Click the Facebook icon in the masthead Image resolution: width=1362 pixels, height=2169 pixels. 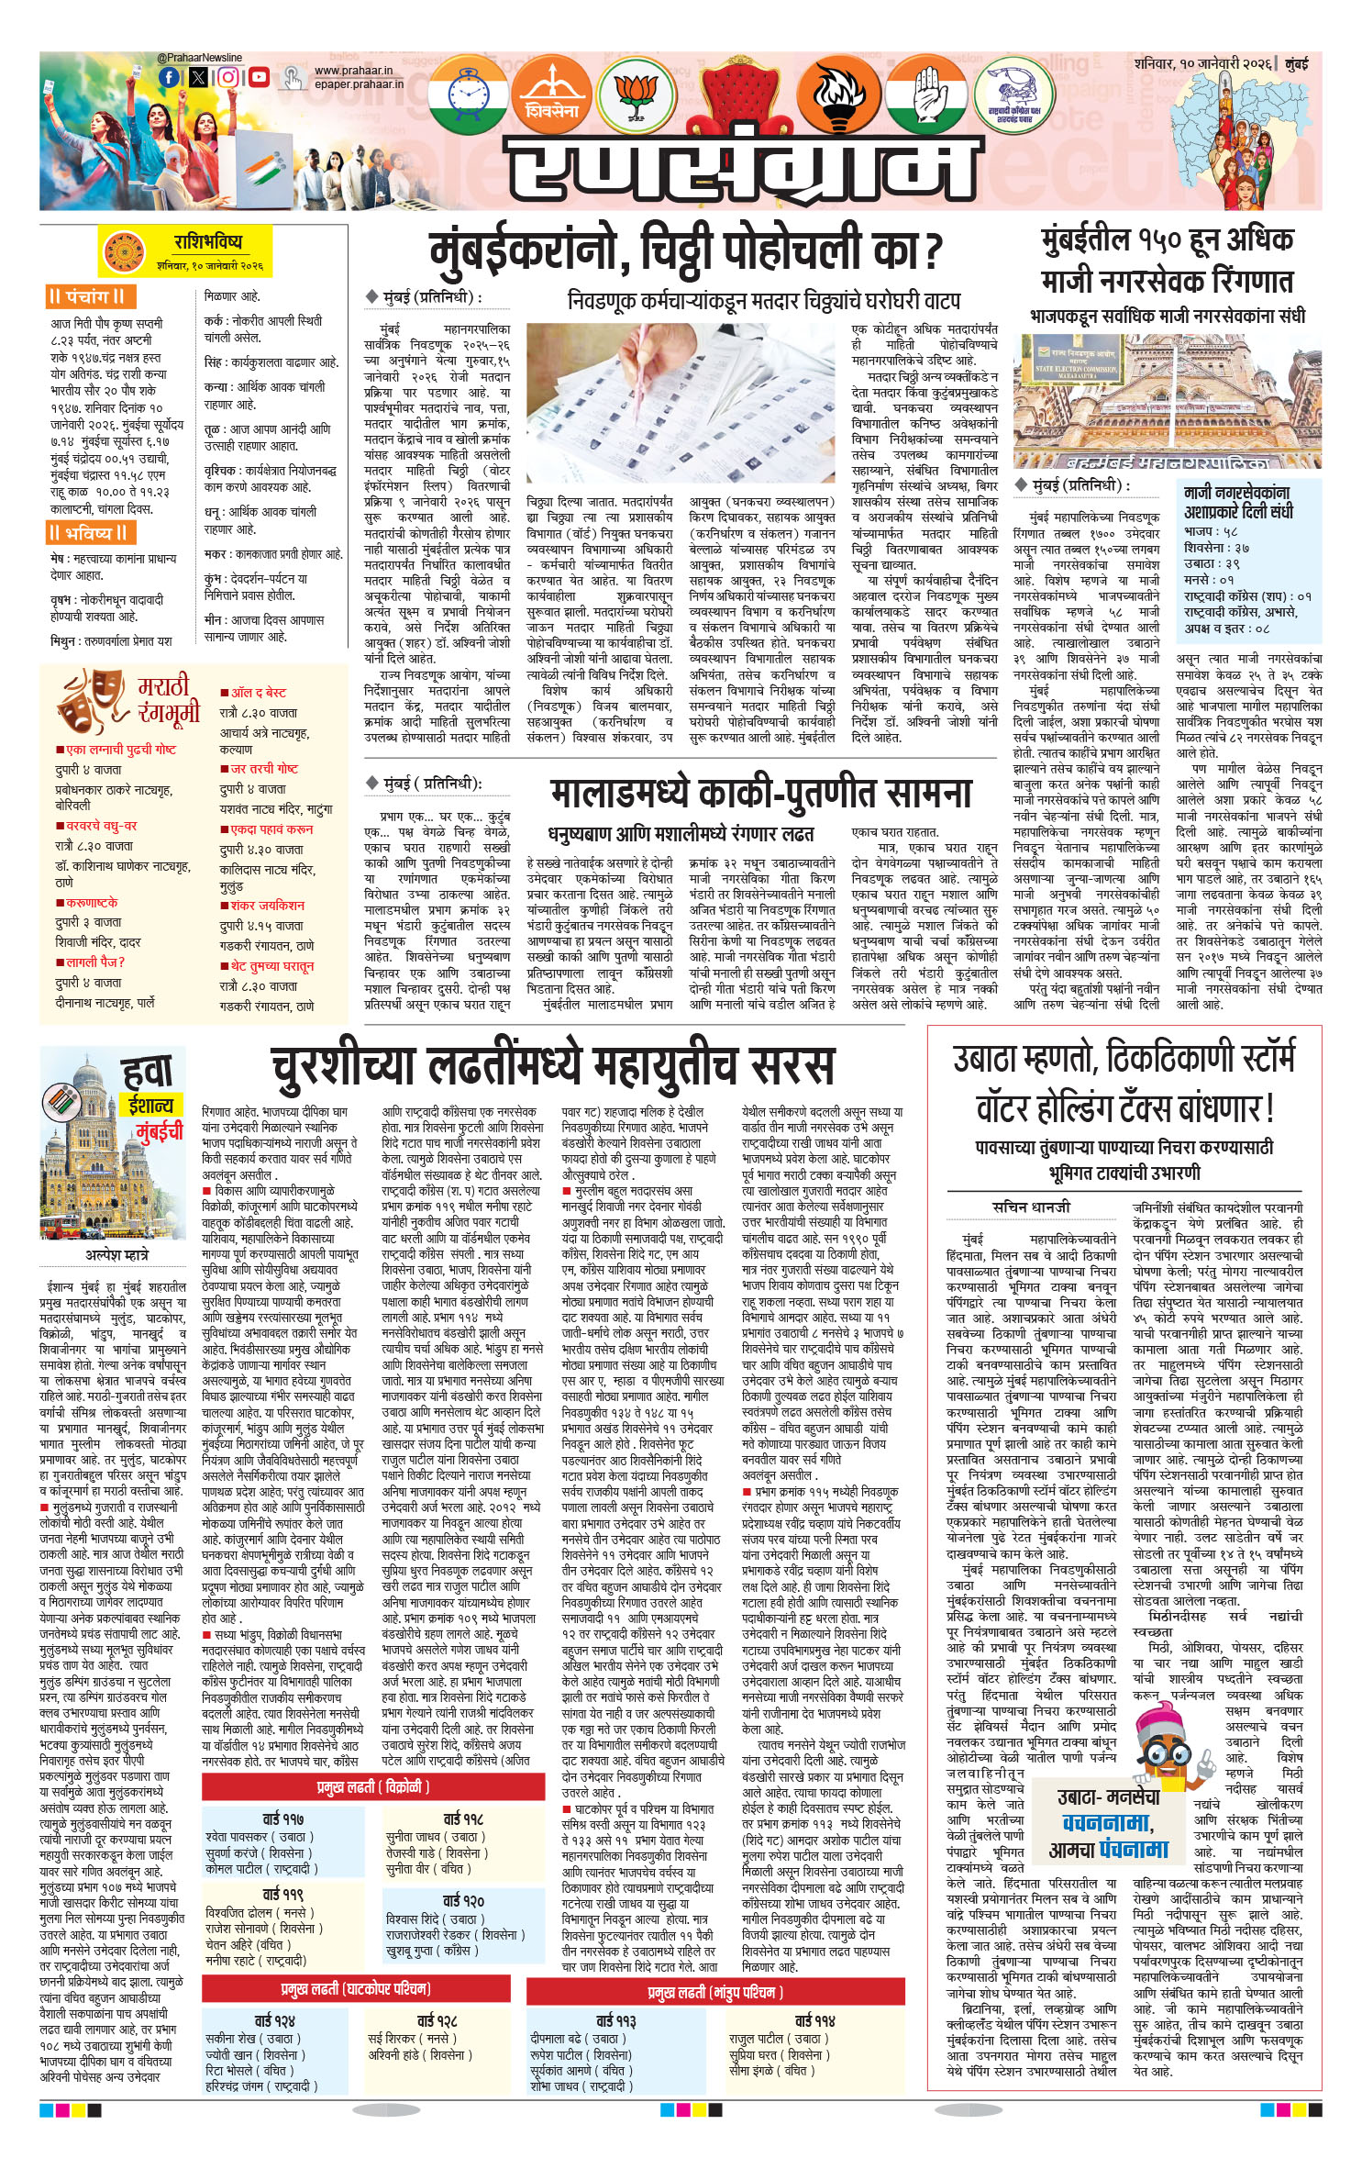click(169, 78)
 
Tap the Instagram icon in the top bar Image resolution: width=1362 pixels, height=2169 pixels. click(228, 78)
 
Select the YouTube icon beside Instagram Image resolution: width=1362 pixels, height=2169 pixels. click(259, 78)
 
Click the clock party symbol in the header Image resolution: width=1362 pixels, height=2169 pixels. click(468, 95)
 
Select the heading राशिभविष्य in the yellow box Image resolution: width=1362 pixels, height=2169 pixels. click(208, 242)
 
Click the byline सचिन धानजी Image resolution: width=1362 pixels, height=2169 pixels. click(1031, 1207)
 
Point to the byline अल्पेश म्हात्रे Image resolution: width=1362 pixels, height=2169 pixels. click(110, 1254)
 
